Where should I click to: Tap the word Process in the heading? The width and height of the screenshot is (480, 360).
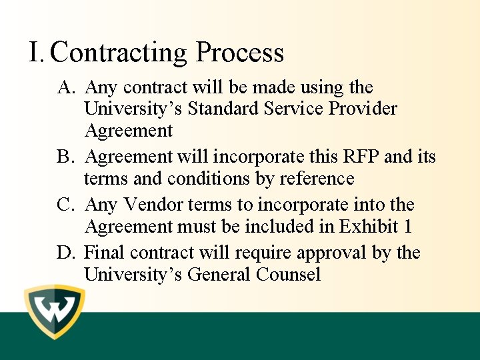[240, 53]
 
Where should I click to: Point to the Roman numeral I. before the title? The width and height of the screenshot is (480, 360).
[37, 52]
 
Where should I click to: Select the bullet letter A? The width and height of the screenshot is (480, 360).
[66, 88]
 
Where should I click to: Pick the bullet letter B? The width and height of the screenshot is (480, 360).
[65, 157]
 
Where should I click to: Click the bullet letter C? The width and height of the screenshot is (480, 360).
[65, 205]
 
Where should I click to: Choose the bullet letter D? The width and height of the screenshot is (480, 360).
[65, 253]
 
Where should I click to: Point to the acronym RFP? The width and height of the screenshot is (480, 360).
[360, 157]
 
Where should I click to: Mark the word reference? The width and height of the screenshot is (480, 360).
[315, 179]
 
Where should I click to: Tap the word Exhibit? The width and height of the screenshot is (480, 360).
[369, 227]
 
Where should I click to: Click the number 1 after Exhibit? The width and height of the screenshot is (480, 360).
[407, 227]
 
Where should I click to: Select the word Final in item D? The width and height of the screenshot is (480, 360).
[105, 253]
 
